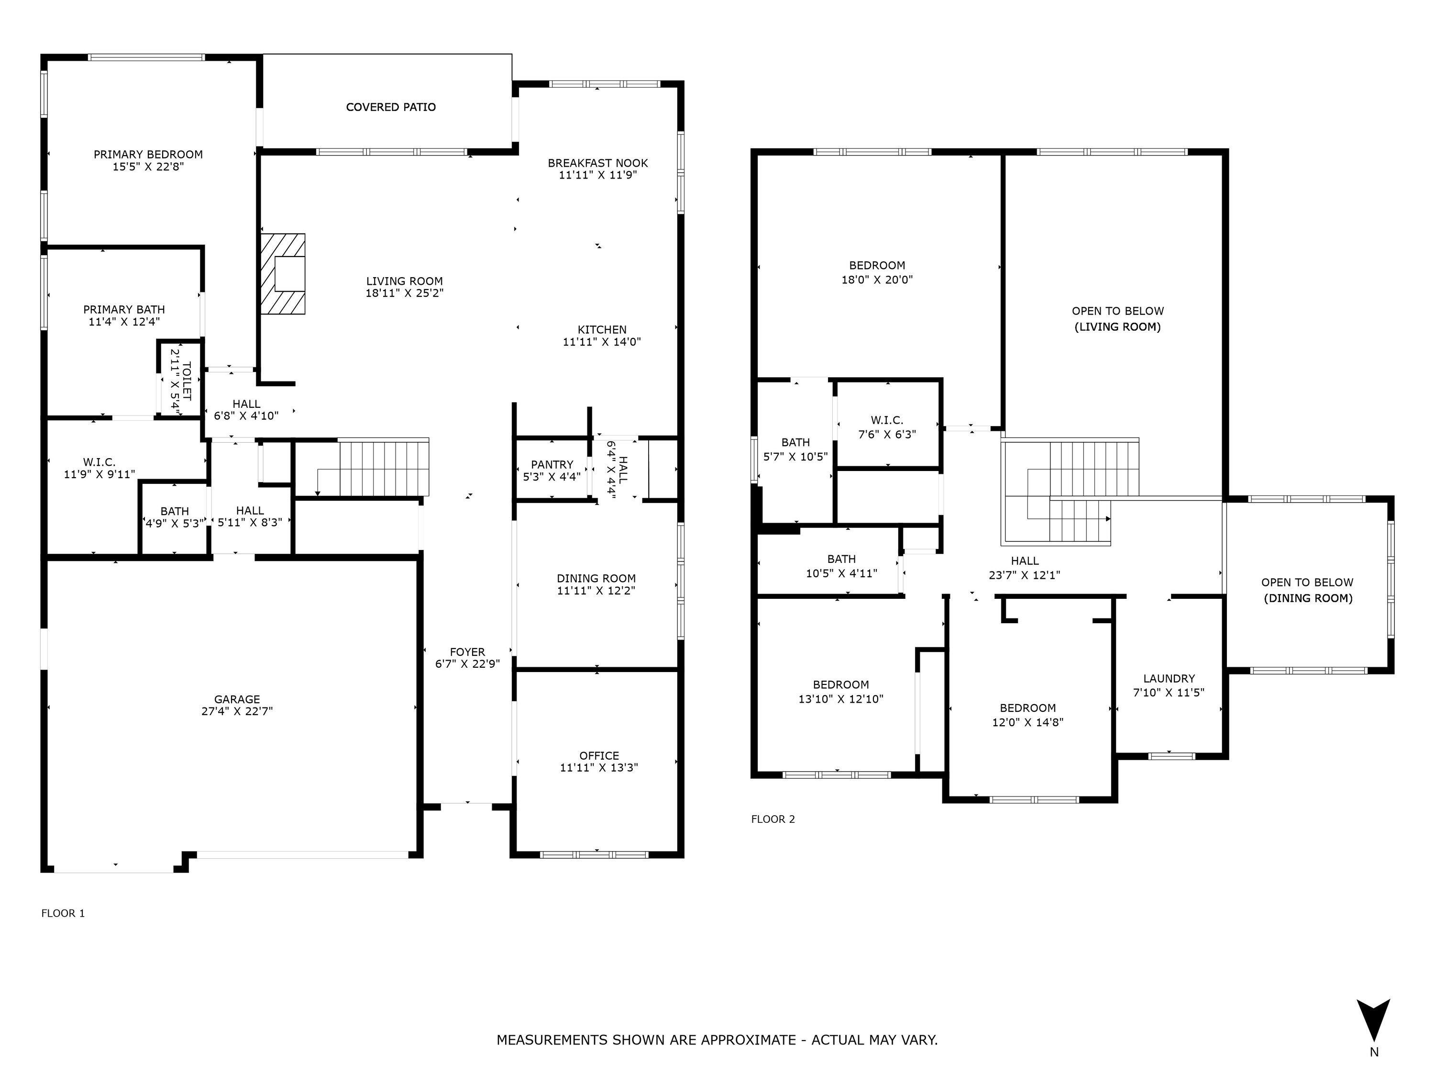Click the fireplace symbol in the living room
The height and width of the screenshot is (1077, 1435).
point(283,274)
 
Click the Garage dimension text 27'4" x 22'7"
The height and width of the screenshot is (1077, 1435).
point(237,711)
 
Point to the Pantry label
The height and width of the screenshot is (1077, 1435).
point(552,464)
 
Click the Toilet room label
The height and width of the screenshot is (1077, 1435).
point(187,380)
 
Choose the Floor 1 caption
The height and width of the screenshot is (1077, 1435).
point(63,913)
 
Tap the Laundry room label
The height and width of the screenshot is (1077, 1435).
point(1169,678)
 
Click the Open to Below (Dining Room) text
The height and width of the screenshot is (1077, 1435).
point(1307,591)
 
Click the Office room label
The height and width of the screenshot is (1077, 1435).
point(599,756)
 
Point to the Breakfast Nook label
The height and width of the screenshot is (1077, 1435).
point(597,163)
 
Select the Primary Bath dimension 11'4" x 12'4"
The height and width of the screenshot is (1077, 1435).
point(124,321)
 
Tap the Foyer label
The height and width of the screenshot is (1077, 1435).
point(467,652)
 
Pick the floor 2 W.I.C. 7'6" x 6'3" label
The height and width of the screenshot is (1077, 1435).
point(887,427)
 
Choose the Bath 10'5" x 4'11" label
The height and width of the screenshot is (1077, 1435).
point(841,566)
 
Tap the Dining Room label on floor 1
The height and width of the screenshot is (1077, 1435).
point(596,578)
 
